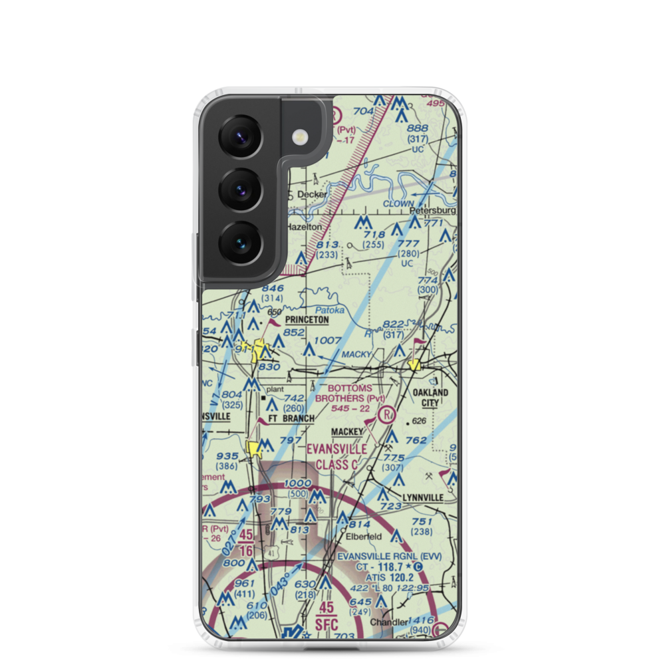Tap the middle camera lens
(240, 189)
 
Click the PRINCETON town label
(307, 320)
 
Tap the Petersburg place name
(433, 211)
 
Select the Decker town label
(312, 195)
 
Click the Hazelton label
(304, 227)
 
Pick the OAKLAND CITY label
(430, 398)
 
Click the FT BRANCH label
(291, 418)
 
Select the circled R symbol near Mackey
(386, 416)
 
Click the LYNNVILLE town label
(422, 497)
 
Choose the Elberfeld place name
(362, 535)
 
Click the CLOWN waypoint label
(398, 204)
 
